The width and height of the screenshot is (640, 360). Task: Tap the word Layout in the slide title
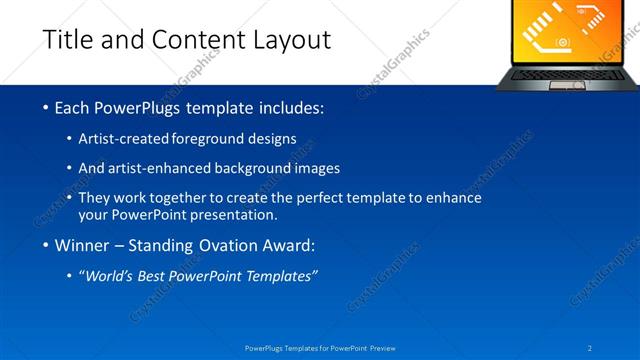click(289, 40)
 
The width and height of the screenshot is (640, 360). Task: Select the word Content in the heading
click(191, 40)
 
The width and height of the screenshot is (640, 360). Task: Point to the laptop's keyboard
click(566, 73)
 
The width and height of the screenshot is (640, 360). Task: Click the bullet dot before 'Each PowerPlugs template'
click(47, 107)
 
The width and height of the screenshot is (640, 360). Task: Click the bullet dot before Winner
click(47, 246)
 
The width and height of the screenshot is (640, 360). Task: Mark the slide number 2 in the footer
click(591, 348)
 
